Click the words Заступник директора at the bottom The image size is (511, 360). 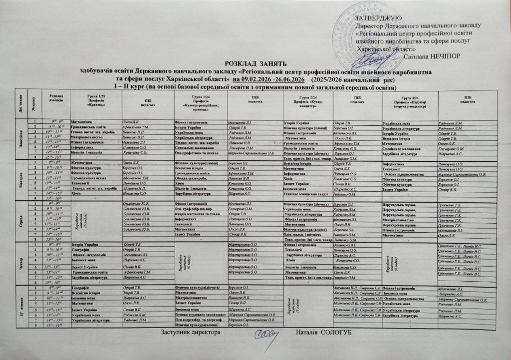(189, 332)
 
